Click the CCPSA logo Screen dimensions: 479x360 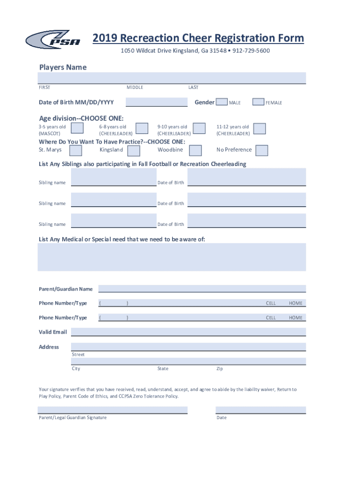tap(53, 39)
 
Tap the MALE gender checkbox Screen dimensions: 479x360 tap(222, 102)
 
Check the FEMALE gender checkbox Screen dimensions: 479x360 tap(258, 102)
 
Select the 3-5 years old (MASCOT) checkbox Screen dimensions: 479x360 tap(78, 129)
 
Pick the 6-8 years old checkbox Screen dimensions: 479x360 tap(142, 129)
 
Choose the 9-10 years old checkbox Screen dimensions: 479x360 tap(199, 129)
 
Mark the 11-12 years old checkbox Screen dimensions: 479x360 tap(259, 129)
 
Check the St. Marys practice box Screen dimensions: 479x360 tap(76, 150)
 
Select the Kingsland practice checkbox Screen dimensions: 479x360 tap(134, 150)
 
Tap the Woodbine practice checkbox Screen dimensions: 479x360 tap(195, 150)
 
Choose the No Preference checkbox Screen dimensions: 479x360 tap(262, 150)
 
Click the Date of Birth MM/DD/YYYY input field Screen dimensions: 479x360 tap(156, 102)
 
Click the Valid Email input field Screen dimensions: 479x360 tap(188, 332)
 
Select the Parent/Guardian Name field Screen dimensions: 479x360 tap(202, 289)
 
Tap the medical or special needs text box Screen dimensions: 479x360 tap(172, 257)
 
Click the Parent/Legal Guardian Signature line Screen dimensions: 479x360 tap(113, 410)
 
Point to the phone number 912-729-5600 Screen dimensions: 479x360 tap(251, 51)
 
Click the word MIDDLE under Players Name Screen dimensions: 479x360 tap(135, 87)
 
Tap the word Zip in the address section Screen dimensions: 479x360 tap(219, 369)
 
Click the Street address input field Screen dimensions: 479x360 tap(188, 347)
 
